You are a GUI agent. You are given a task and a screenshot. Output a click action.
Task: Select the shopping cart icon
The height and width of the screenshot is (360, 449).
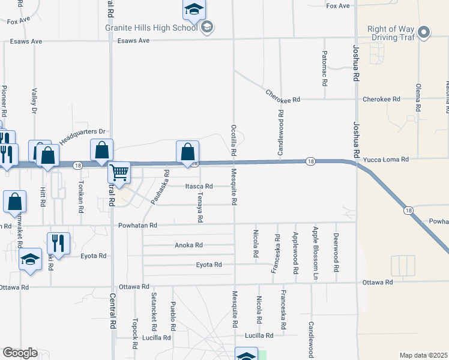119,173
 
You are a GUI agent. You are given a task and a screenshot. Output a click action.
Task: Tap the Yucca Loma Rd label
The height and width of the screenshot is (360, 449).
386,160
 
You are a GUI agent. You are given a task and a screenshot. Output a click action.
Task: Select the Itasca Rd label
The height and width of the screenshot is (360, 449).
199,187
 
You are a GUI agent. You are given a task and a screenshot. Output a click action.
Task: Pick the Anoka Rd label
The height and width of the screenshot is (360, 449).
188,245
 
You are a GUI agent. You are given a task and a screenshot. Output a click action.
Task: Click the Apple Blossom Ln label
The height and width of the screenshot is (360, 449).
314,253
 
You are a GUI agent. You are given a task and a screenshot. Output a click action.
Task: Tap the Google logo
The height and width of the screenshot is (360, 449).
20,353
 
